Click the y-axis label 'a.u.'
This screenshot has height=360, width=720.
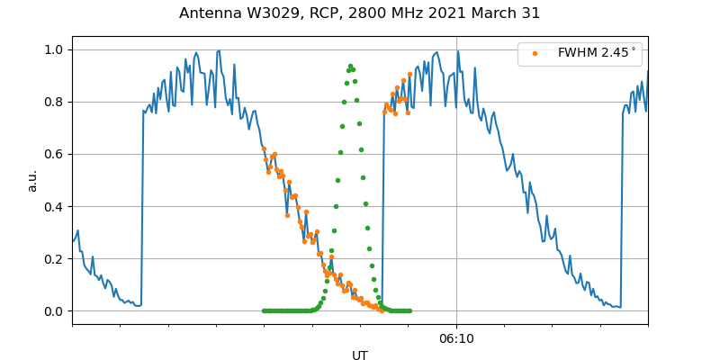coord(32,180)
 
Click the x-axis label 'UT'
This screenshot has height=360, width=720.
coord(360,355)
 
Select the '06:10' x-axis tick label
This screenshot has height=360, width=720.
coord(456,338)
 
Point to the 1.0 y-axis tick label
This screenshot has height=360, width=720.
coord(55,49)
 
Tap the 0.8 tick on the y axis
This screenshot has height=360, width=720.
coord(55,102)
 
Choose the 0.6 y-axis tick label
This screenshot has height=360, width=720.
coord(55,154)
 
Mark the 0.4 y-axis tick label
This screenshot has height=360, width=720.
coord(55,206)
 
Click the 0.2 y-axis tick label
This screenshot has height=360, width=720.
coord(55,258)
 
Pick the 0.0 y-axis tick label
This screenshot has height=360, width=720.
coord(55,311)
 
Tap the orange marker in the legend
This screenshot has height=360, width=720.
coord(535,53)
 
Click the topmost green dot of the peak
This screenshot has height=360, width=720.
coord(350,66)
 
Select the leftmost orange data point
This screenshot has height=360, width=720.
coord(264,148)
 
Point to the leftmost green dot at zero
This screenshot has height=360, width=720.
coord(264,310)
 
